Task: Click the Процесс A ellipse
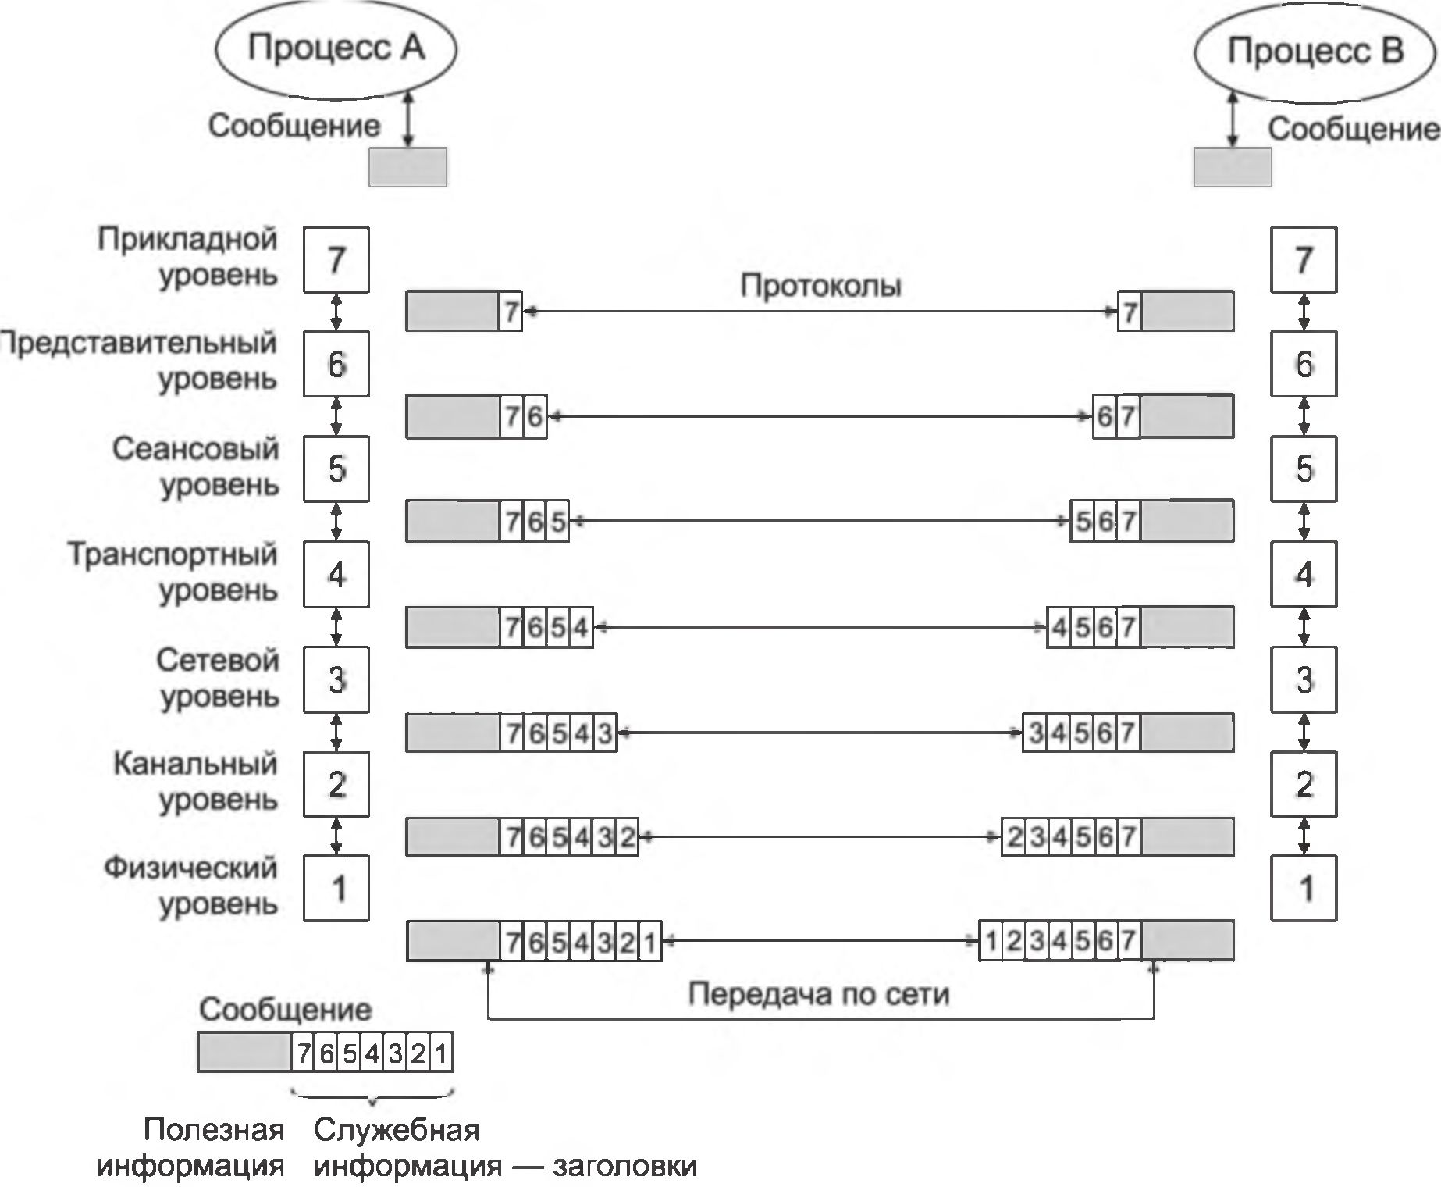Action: [336, 48]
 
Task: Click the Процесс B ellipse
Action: [1315, 52]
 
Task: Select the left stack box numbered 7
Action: [336, 259]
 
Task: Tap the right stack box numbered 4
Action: [1304, 574]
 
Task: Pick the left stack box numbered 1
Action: [336, 888]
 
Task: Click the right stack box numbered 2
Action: [1304, 783]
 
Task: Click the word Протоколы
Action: [820, 286]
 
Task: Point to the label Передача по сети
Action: [818, 994]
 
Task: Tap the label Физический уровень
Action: [192, 886]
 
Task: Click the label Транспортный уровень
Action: [173, 572]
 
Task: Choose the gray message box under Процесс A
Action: [407, 167]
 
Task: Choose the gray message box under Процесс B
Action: [1232, 167]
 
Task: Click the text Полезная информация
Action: [190, 1148]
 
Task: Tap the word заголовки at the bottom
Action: [624, 1166]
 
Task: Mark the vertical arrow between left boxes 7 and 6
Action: [336, 312]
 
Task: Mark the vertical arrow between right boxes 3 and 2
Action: [1304, 732]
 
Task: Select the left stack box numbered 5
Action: [336, 469]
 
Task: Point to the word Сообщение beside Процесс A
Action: [294, 126]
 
